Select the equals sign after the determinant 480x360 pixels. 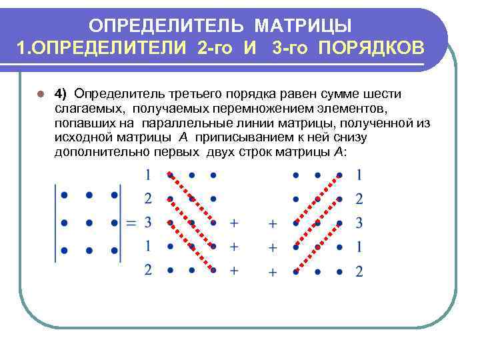(131, 222)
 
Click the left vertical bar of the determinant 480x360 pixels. (56, 222)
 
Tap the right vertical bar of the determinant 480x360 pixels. (122, 222)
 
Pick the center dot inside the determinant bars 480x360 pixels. (89, 223)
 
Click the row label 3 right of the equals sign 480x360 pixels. (147, 221)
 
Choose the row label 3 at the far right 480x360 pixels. (359, 222)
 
